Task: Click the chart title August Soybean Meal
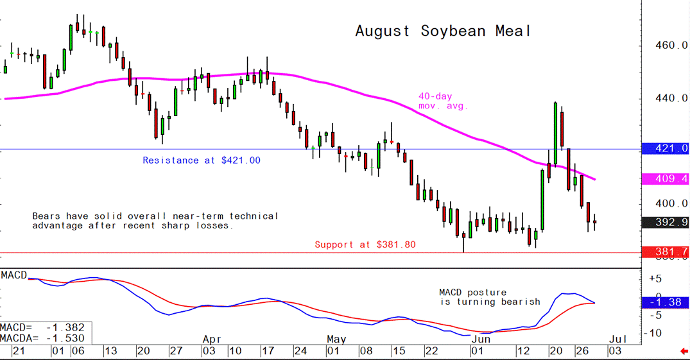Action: coord(444,31)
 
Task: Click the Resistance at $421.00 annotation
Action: coord(202,160)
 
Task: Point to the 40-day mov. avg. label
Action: coord(444,100)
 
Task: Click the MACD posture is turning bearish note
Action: coord(490,297)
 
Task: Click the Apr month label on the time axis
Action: coord(212,338)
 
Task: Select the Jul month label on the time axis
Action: coord(615,338)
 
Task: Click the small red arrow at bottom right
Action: coord(684,351)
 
